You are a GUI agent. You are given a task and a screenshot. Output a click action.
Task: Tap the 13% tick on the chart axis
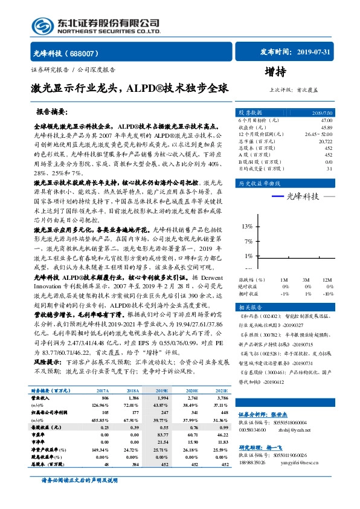246,226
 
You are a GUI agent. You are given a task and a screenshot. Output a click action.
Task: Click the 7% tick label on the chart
248,241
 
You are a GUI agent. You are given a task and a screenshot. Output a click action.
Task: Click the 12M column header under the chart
327,280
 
